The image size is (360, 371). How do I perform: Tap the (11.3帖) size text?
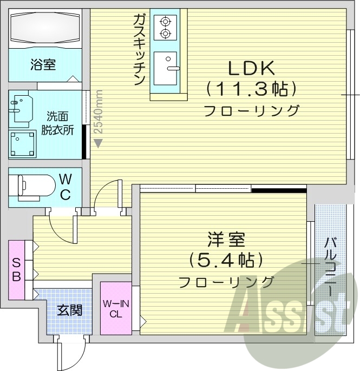click(250, 88)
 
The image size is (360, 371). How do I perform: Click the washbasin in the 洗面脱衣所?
click(21, 108)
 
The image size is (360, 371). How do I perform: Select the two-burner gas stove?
click(165, 27)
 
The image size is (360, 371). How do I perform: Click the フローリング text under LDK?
click(251, 111)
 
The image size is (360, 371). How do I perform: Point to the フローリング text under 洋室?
click(226, 282)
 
